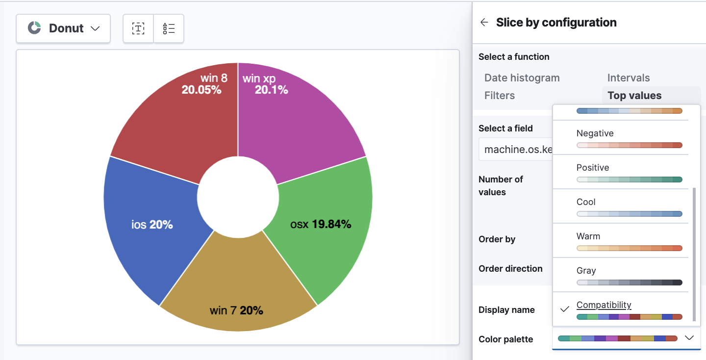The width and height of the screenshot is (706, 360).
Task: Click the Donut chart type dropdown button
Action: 63,28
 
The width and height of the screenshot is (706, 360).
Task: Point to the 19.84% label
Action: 331,225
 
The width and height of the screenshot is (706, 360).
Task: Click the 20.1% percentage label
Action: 271,90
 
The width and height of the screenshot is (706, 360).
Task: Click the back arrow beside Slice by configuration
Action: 484,23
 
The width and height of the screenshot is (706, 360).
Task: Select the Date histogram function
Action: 522,78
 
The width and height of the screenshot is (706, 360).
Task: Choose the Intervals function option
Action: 629,78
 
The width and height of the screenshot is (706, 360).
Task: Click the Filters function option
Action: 500,96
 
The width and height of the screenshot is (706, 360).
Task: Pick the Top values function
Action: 634,96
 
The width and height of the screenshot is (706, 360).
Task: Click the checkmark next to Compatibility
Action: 565,309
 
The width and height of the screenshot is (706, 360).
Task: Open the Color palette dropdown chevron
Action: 689,338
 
